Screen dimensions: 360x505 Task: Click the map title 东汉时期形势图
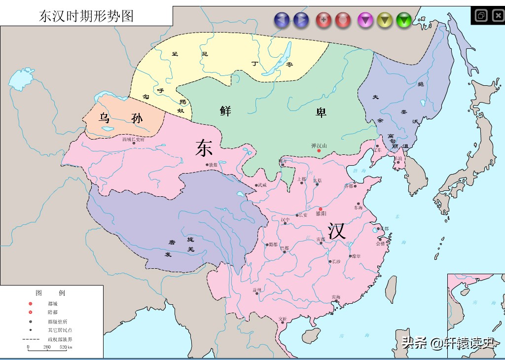(x=86, y=16)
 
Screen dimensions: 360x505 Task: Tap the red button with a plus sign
(x=324, y=20)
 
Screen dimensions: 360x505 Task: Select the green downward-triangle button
(x=404, y=20)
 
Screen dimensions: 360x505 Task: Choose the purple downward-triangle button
(x=365, y=20)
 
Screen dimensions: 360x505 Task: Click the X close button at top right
(x=497, y=15)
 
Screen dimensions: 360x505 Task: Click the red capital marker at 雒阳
(x=321, y=209)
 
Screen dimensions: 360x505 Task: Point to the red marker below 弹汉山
(x=319, y=150)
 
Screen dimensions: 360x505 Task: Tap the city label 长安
(x=303, y=215)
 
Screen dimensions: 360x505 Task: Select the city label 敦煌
(x=213, y=165)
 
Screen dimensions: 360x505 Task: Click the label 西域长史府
(x=133, y=140)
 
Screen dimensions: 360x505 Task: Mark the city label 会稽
(x=380, y=243)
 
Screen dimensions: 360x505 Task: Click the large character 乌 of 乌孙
(x=104, y=118)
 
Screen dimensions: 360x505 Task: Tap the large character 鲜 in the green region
(x=226, y=110)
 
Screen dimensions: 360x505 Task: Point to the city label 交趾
(x=283, y=319)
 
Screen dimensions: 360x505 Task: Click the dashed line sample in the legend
(x=31, y=339)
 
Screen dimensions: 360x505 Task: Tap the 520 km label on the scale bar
(x=66, y=347)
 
